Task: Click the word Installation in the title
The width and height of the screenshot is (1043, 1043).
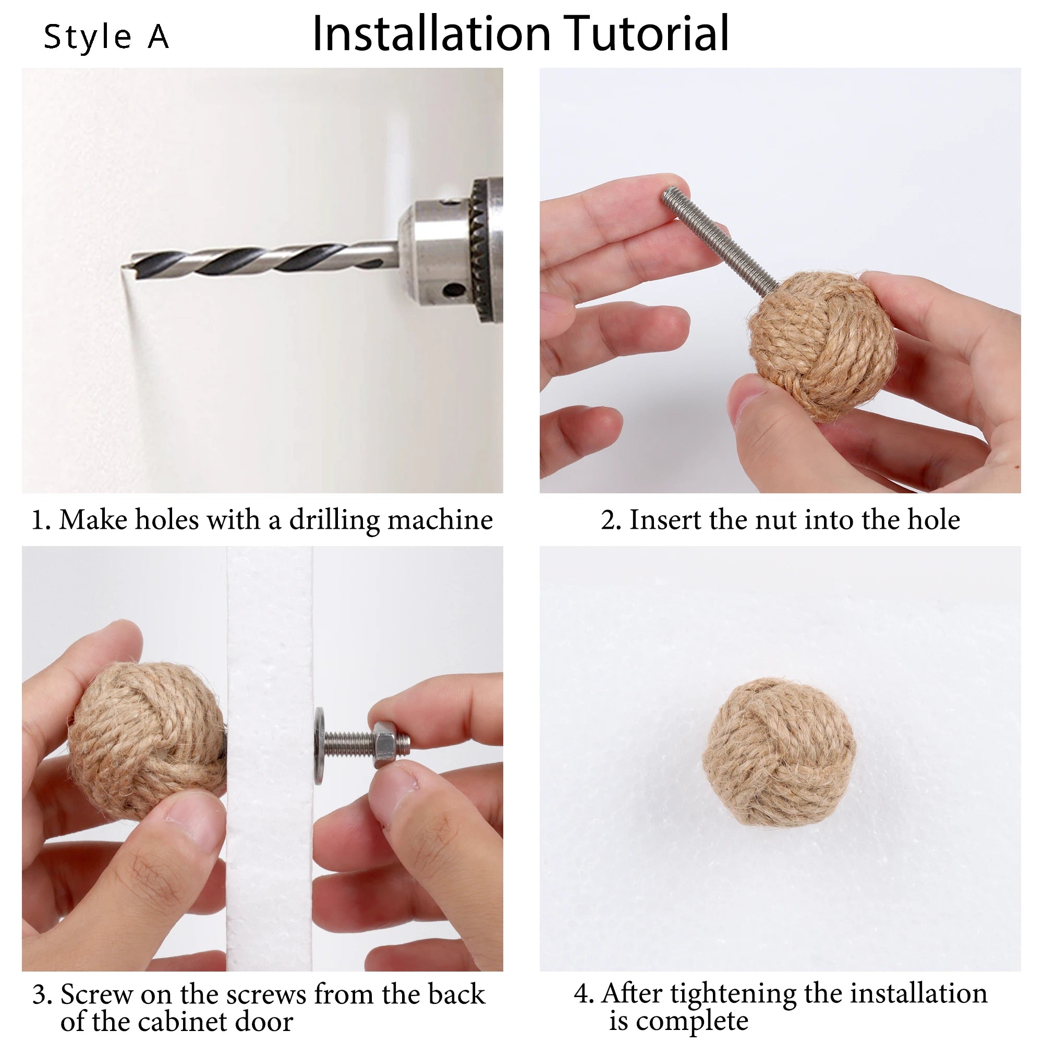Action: click(432, 33)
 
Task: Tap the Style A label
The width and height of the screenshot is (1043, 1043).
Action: click(106, 37)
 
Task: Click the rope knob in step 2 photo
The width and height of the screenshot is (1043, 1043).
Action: click(821, 346)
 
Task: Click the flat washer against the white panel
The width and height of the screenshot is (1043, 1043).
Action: click(320, 746)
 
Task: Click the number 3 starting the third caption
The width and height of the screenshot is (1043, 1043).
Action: click(40, 995)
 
